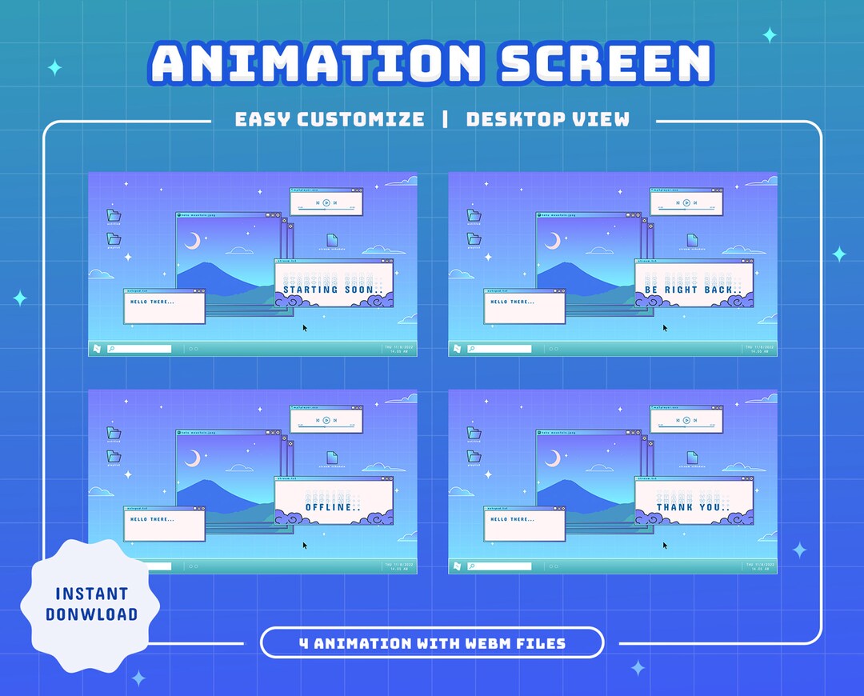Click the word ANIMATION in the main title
point(316,64)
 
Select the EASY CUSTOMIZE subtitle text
point(330,120)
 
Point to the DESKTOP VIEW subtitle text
point(548,120)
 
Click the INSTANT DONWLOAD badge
point(91,604)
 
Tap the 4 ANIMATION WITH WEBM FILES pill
point(432,643)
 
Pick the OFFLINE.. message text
point(333,506)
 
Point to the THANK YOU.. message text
point(693,506)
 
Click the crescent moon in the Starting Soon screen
point(193,240)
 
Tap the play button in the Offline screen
point(326,420)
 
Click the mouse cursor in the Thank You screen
point(665,546)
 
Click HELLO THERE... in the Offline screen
point(151,519)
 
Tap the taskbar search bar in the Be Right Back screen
point(499,349)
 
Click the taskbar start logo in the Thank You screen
point(457,566)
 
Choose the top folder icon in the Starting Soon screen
point(114,215)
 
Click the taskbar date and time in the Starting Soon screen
point(398,349)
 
